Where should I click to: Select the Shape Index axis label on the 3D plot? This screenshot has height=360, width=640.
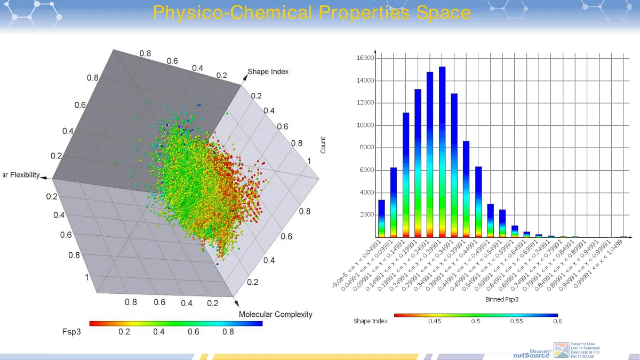pyautogui.click(x=268, y=71)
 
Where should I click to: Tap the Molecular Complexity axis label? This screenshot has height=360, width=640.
pyautogui.click(x=275, y=314)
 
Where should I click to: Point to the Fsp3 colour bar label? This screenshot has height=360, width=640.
pyautogui.click(x=71, y=331)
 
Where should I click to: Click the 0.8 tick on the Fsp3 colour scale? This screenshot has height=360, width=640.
pyautogui.click(x=229, y=332)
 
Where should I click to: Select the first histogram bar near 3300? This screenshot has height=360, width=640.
pyautogui.click(x=381, y=219)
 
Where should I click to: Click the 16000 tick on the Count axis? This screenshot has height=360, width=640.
pyautogui.click(x=366, y=58)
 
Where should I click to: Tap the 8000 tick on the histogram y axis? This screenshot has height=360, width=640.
pyautogui.click(x=367, y=148)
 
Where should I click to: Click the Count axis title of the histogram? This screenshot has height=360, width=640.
pyautogui.click(x=323, y=145)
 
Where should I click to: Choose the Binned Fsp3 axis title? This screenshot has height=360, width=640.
pyautogui.click(x=502, y=299)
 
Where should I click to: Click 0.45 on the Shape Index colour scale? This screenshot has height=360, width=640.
pyautogui.click(x=435, y=321)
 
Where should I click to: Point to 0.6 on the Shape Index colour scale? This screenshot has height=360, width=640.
pyautogui.click(x=557, y=321)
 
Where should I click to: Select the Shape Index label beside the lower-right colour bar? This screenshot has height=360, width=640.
pyautogui.click(x=370, y=321)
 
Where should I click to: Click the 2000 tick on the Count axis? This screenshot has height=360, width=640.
pyautogui.click(x=367, y=215)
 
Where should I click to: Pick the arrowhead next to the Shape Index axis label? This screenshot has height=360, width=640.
pyautogui.click(x=244, y=77)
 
